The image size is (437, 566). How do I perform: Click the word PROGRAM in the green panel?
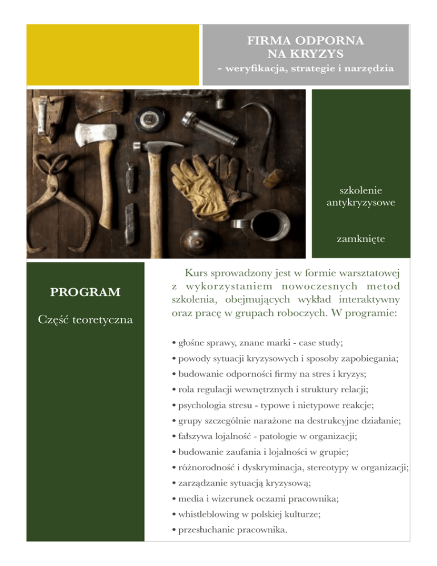tap(85, 293)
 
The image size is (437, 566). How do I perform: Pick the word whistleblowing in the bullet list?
tap(205, 514)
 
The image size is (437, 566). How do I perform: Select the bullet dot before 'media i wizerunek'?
tap(172, 495)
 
